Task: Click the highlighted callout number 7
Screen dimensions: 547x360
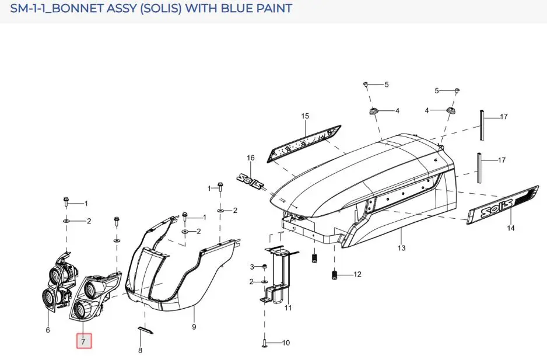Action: [x=84, y=341]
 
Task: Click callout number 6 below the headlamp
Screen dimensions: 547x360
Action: [x=48, y=330]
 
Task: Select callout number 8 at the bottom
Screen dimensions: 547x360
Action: [x=140, y=350]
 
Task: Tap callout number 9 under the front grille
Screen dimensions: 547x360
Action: [x=194, y=327]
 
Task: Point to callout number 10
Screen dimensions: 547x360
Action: [x=286, y=343]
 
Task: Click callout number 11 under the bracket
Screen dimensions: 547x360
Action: [x=288, y=307]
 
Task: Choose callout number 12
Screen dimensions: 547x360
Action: [x=357, y=274]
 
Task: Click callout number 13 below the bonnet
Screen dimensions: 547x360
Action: [x=401, y=248]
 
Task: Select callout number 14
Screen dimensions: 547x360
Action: [x=511, y=228]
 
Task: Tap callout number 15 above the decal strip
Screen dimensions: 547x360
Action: [x=305, y=116]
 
